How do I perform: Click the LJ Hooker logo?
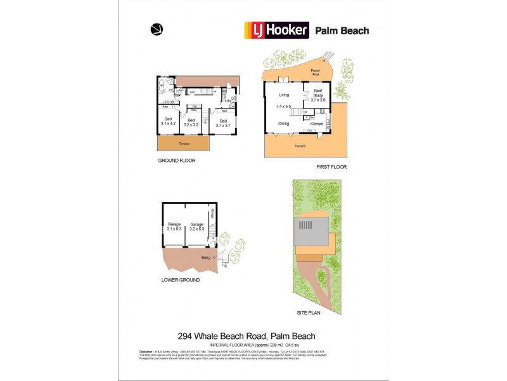277,30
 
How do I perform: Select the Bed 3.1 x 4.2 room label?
168,121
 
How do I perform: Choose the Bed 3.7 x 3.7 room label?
222,123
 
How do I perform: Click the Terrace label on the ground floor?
183,144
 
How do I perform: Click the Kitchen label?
317,124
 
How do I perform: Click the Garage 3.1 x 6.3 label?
174,226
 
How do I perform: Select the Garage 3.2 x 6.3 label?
197,226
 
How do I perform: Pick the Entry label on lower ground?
205,257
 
